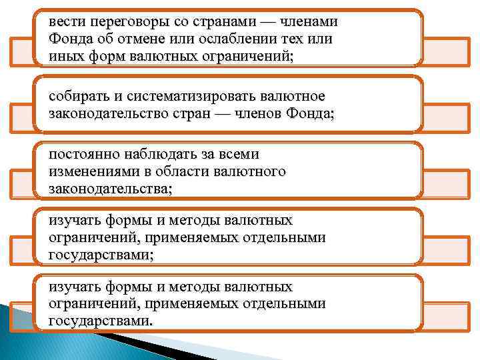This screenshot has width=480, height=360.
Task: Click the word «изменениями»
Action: [88, 171]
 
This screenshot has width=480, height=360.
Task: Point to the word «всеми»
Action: [239, 155]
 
